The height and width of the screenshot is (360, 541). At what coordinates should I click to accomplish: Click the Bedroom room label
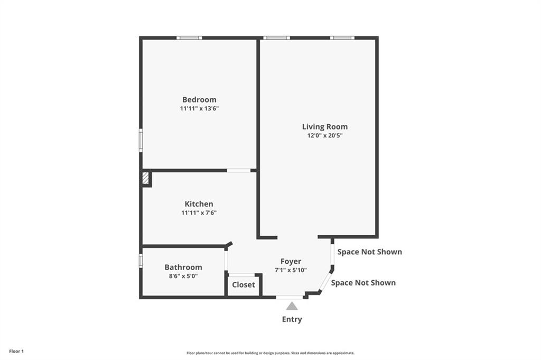(x=199, y=99)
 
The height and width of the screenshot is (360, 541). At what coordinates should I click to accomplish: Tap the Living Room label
(x=324, y=126)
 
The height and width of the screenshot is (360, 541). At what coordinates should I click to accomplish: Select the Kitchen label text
(x=199, y=204)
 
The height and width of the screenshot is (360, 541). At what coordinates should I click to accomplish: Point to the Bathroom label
(x=183, y=267)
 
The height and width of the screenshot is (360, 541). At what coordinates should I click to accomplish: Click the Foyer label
(x=291, y=261)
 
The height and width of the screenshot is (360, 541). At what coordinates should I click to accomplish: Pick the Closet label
(x=243, y=284)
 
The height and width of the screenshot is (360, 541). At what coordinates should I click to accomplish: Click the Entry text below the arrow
(x=292, y=319)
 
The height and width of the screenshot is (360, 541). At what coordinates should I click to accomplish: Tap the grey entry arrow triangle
(x=292, y=306)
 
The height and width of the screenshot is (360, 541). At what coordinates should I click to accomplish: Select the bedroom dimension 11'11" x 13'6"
(x=199, y=108)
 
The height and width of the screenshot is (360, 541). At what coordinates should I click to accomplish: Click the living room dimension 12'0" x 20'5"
(x=324, y=135)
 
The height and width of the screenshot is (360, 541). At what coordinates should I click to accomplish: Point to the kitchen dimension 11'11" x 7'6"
(x=199, y=213)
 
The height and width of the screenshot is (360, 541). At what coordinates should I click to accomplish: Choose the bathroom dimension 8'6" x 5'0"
(x=183, y=275)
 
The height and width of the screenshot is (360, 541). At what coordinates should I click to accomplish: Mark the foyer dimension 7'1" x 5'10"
(x=291, y=270)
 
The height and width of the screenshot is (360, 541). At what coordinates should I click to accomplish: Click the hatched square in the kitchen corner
(x=146, y=178)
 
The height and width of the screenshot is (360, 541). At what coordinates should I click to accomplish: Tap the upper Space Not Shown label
(x=369, y=252)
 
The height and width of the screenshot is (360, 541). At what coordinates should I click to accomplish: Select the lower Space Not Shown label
(x=363, y=282)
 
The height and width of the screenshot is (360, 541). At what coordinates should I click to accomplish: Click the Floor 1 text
(x=16, y=351)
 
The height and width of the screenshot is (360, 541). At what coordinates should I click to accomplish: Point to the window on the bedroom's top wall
(x=189, y=38)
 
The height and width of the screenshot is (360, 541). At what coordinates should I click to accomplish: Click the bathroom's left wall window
(x=141, y=261)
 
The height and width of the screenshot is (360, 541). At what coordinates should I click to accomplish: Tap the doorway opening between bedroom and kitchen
(x=239, y=170)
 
